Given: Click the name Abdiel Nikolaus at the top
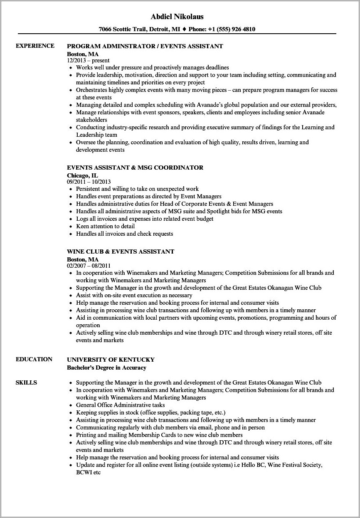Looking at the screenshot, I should (x=180, y=17).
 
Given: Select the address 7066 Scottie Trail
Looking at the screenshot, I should (x=126, y=29).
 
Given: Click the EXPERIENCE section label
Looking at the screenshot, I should (x=35, y=46).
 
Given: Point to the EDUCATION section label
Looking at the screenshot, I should (x=34, y=359).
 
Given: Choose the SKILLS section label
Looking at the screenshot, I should (x=26, y=382).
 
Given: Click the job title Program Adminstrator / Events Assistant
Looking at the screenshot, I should (x=145, y=46).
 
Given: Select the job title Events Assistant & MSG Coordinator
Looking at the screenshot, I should (x=135, y=168).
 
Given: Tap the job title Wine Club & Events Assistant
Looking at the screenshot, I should (x=121, y=252).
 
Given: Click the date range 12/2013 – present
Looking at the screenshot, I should (x=88, y=60).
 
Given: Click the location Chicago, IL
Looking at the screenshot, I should (x=82, y=175).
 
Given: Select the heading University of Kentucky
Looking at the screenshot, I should (x=111, y=359).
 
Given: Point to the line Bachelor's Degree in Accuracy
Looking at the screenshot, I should (x=106, y=368).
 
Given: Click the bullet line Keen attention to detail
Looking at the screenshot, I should (x=105, y=226).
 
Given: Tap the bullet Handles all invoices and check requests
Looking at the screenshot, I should (x=124, y=234).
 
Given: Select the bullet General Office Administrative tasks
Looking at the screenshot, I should (x=120, y=405).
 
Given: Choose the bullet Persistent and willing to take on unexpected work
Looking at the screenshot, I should (x=137, y=189).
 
